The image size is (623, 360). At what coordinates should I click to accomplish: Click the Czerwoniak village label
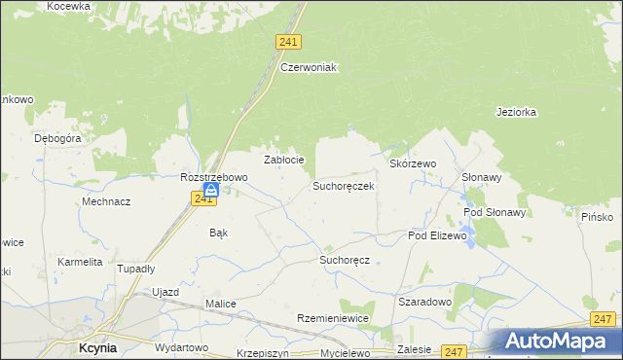pos(308,67)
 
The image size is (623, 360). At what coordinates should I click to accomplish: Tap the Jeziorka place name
pos(516,112)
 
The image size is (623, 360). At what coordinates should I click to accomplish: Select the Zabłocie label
pos(285,160)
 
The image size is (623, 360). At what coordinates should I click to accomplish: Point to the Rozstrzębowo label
pos(214,178)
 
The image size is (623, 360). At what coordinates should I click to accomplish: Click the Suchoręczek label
pos(343,185)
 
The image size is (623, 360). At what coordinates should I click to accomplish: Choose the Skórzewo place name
pos(413,164)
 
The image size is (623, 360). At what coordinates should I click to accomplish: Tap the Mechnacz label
pos(107,201)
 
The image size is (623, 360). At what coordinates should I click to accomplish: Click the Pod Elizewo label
pos(438,235)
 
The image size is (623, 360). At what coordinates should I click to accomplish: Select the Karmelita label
pos(80,262)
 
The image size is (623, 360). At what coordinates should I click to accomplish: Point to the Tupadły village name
pos(135,268)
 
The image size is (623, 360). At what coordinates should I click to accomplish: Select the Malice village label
pos(221,304)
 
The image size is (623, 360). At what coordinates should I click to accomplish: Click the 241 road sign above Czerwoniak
pos(288,42)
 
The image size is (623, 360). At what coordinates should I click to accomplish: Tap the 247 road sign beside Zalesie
pos(454,350)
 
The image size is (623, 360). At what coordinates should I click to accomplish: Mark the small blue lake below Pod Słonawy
pos(471,240)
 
